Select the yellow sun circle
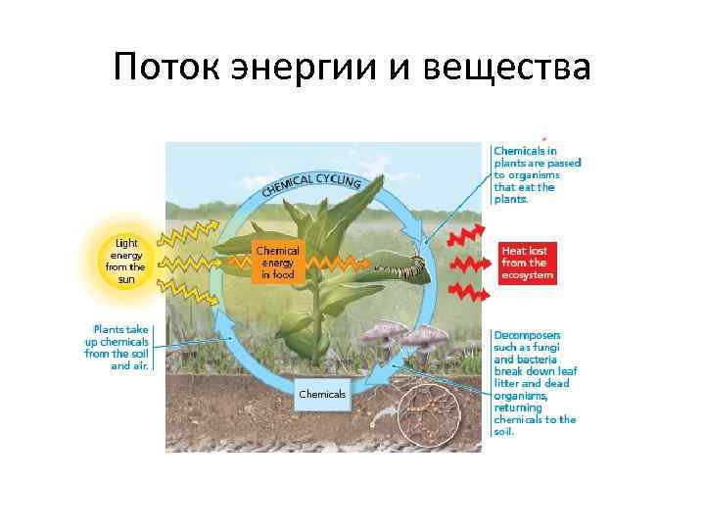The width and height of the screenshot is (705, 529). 126,260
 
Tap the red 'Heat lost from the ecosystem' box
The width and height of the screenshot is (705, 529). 526,264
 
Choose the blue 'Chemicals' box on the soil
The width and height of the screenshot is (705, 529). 322,394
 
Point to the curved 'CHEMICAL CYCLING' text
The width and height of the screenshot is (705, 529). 311,184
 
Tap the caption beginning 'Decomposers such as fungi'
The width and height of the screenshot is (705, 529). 534,382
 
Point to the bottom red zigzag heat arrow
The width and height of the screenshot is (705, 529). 464,292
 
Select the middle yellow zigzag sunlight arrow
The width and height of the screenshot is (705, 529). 186,263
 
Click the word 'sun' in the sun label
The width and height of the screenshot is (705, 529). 126,279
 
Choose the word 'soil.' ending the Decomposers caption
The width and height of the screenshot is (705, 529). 503,432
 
